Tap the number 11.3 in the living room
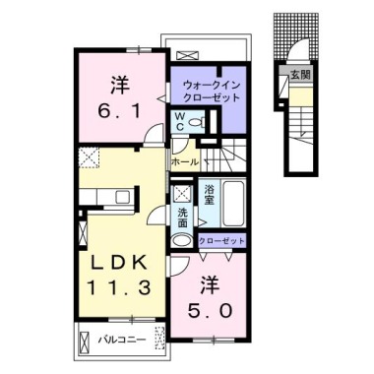118,288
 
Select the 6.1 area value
119,112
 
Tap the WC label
180,122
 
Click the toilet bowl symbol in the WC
197,123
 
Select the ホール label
185,161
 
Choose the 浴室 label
210,195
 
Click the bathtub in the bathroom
234,203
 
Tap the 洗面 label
183,218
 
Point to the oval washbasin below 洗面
183,240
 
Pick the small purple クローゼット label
222,241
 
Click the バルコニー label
123,340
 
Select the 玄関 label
300,75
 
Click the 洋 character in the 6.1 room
119,86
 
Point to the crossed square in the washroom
181,194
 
